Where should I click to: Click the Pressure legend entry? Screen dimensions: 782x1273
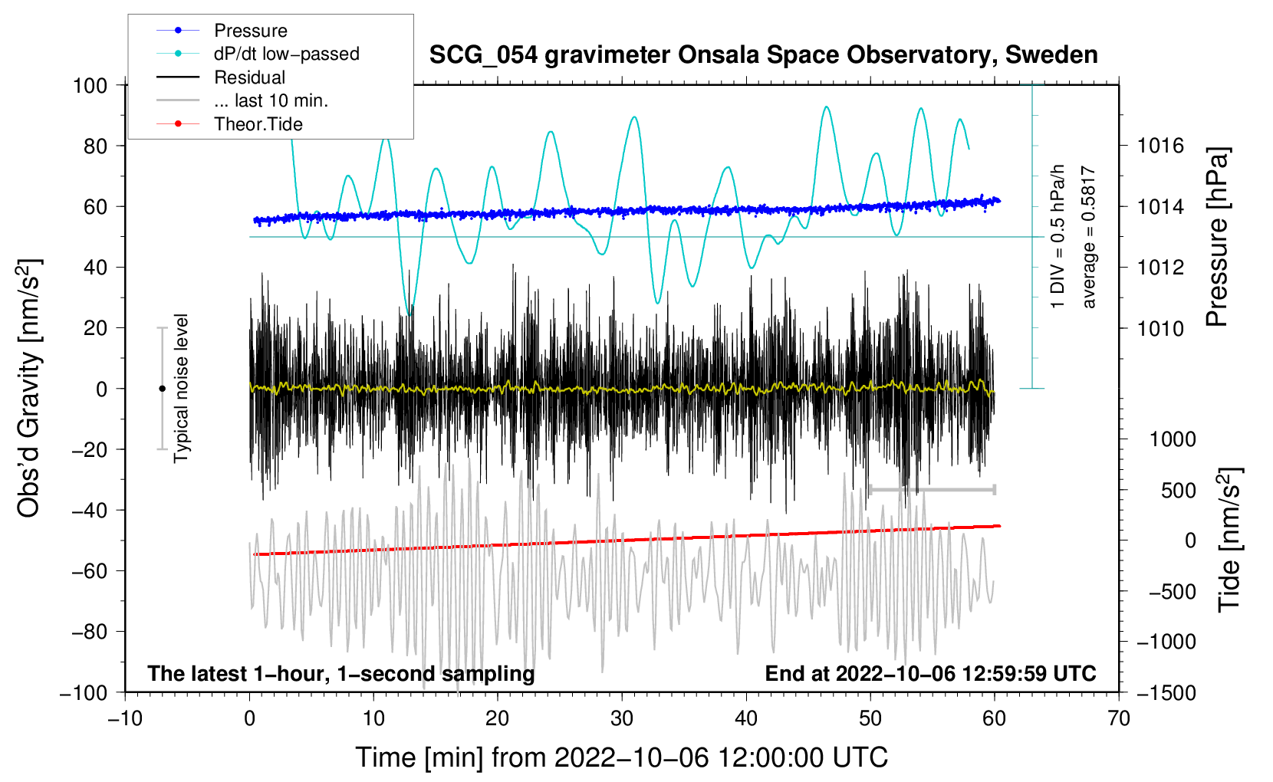[250, 31]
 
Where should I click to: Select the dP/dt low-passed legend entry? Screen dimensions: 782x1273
[286, 54]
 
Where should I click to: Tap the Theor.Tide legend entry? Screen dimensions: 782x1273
[258, 124]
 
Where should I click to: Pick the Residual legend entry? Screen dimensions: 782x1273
[249, 77]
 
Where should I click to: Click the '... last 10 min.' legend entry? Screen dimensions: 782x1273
[271, 100]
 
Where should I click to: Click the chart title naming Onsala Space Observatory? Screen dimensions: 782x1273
[763, 55]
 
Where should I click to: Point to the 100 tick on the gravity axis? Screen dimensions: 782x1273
[90, 85]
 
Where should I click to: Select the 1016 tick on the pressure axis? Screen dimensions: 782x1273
[1160, 146]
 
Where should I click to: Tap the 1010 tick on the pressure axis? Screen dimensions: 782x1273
[1160, 328]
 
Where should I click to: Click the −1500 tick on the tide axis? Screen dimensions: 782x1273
[1166, 692]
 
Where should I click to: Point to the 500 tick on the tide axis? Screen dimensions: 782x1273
[1178, 490]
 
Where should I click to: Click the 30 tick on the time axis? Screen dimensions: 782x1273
[622, 718]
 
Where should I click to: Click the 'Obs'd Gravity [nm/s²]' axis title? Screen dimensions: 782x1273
[29, 388]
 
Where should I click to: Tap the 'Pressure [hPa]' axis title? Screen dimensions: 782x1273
[1217, 238]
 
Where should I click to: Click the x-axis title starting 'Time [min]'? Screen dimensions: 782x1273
[622, 757]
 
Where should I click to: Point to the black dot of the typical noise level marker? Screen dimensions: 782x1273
[162, 389]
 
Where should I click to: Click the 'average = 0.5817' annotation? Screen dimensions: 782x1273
[1089, 238]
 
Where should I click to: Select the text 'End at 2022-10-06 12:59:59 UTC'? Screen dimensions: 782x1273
[930, 674]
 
